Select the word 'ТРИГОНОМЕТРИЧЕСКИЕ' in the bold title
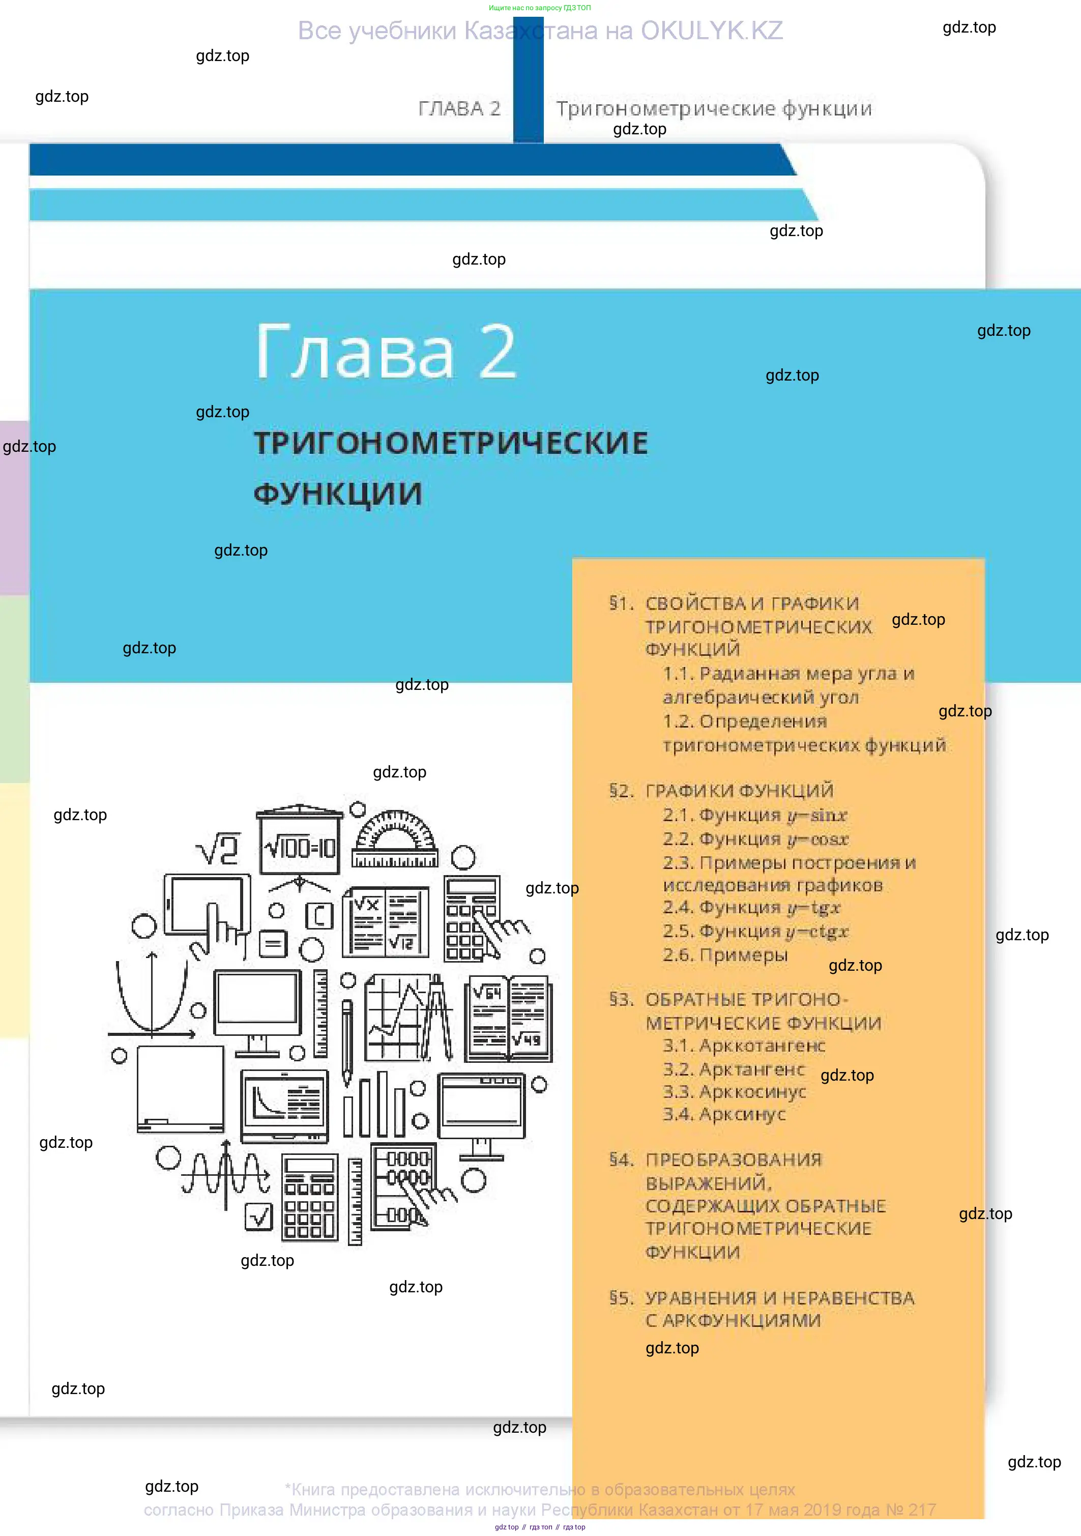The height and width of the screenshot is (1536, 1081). (x=451, y=443)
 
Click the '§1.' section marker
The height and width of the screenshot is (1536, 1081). (x=622, y=603)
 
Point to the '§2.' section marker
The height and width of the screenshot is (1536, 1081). (x=622, y=791)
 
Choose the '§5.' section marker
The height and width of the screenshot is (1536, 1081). (x=622, y=1298)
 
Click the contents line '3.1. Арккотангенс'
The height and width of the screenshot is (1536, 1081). (x=744, y=1046)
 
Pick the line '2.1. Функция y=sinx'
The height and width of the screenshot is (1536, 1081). (x=754, y=815)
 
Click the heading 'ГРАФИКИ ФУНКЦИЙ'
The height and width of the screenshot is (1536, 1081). (x=739, y=791)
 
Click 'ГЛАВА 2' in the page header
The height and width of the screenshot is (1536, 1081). (x=459, y=108)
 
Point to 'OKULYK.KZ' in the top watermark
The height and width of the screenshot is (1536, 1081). (x=712, y=31)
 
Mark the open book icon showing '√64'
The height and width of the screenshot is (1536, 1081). (x=508, y=1019)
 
